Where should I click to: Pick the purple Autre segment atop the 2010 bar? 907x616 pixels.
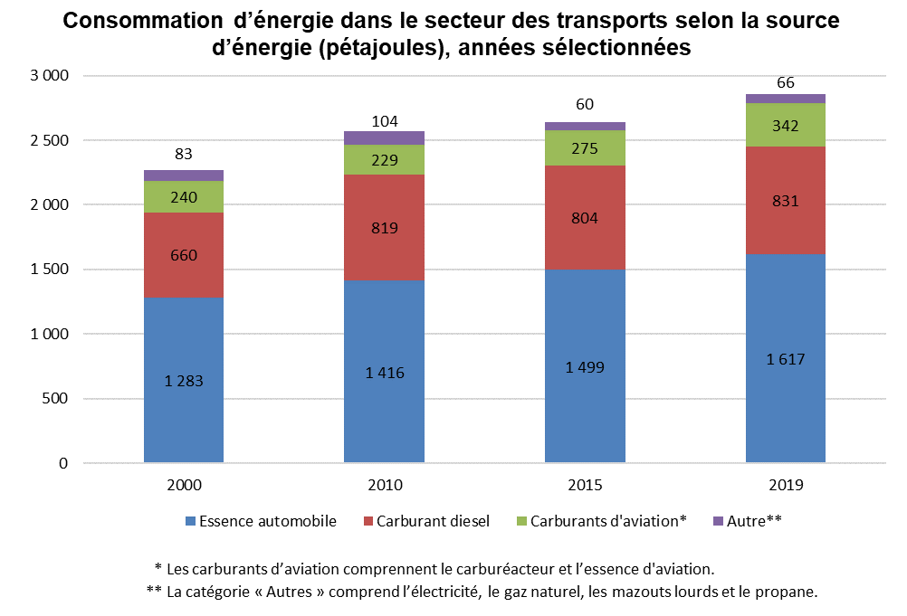(x=385, y=137)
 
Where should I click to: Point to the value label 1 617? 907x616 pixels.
(x=786, y=359)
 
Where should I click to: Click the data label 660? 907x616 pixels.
(x=184, y=255)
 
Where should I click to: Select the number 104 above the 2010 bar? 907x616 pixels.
(x=385, y=121)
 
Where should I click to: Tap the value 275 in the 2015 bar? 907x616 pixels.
(x=585, y=148)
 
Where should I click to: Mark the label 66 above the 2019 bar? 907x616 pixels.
(x=786, y=83)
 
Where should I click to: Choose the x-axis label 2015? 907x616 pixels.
(x=585, y=485)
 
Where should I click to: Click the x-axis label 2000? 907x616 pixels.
(x=184, y=485)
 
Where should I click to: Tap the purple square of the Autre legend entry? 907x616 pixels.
(x=719, y=521)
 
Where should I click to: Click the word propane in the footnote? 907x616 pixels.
(x=789, y=592)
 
